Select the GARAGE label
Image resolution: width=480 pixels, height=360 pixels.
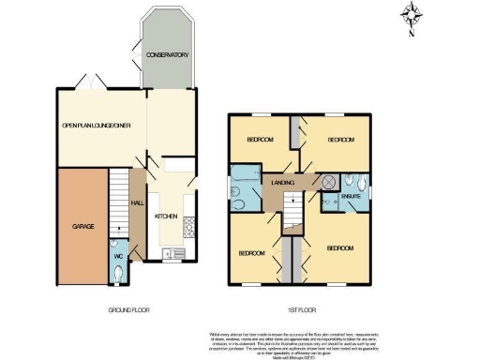click(x=83, y=226)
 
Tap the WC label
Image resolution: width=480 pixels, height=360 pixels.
click(x=118, y=256)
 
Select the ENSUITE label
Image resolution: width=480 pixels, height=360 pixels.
click(x=352, y=196)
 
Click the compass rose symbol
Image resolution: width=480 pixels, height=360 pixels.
click(x=412, y=16)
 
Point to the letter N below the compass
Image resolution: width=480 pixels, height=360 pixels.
click(x=412, y=35)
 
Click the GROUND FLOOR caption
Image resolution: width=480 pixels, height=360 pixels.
click(x=127, y=310)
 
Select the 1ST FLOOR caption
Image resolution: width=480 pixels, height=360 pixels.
click(x=298, y=310)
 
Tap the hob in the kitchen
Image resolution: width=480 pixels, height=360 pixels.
click(x=187, y=225)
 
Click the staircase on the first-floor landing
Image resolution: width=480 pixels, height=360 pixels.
click(x=294, y=214)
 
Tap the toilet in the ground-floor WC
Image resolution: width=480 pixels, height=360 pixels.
click(x=115, y=272)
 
